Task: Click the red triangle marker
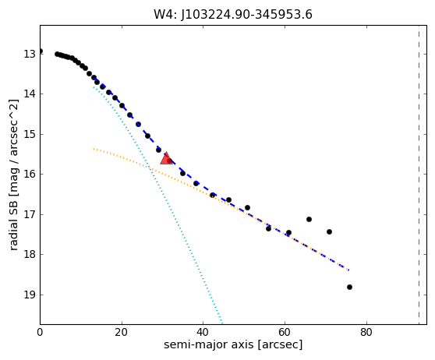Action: click(x=167, y=158)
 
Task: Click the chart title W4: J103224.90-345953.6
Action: click(x=233, y=15)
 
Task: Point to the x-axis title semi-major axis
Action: click(x=209, y=344)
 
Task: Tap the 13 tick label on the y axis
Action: click(x=30, y=54)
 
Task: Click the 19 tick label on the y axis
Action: click(x=30, y=295)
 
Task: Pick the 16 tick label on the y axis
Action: click(x=30, y=175)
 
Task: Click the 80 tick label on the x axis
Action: click(x=366, y=332)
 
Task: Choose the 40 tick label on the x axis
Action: click(x=203, y=332)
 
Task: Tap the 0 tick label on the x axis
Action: click(x=40, y=332)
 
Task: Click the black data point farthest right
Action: click(x=349, y=287)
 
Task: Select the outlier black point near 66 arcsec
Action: click(x=309, y=220)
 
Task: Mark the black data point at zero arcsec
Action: click(x=41, y=51)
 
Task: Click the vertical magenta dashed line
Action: click(x=419, y=175)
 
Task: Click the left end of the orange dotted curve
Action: click(x=94, y=149)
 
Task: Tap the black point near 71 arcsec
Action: click(x=329, y=231)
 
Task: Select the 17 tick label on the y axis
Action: click(x=30, y=214)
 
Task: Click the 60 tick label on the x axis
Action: click(x=285, y=332)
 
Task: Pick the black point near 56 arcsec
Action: click(x=268, y=228)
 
